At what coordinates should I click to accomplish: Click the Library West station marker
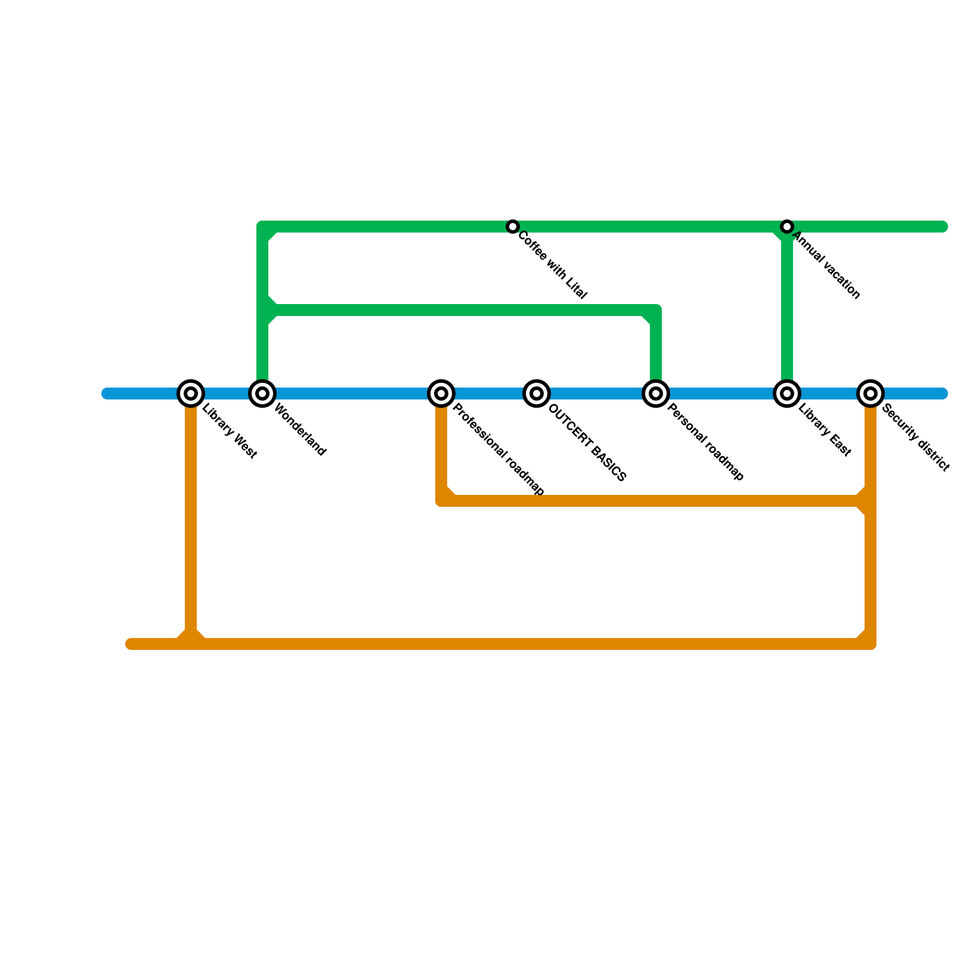point(191,394)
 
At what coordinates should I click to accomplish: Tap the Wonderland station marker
point(262,394)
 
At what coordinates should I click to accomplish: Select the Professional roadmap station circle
point(441,394)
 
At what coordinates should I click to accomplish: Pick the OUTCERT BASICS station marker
point(537,394)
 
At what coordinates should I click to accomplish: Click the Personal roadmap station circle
point(656,394)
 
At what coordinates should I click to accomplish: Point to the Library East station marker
point(787,394)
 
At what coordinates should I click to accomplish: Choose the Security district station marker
point(871,394)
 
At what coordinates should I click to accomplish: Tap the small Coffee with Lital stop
point(513,227)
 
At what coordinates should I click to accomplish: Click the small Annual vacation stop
point(787,227)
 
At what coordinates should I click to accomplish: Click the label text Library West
point(230,432)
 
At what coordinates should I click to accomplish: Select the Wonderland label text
point(299,430)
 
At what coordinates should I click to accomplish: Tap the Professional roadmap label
point(498,450)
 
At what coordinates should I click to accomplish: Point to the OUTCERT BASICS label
point(587,442)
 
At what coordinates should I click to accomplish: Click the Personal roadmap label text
point(705,442)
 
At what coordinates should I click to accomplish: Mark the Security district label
point(915,438)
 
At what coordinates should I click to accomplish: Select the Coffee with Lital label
point(552,265)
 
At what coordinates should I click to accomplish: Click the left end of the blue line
point(107,394)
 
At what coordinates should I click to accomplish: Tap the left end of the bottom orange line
point(131,644)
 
